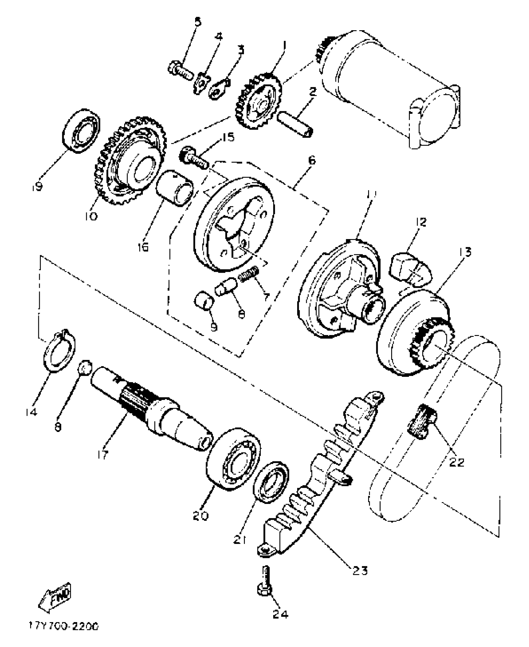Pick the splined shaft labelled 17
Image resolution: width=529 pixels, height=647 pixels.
[149, 408]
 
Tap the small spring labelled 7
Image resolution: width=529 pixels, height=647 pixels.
[249, 272]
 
